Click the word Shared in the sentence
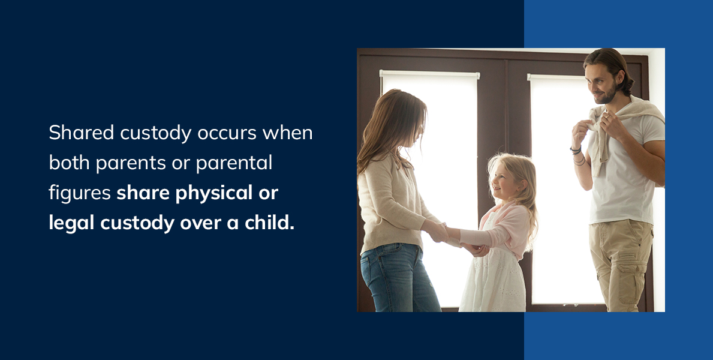click(x=82, y=133)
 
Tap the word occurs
click(x=227, y=133)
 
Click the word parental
click(x=234, y=163)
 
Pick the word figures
click(x=80, y=193)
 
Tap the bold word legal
click(x=72, y=223)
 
